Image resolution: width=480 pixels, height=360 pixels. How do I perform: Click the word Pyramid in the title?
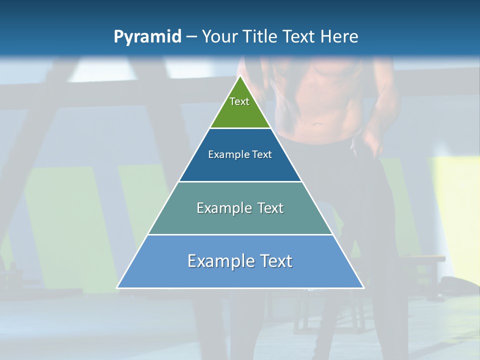pos(147,37)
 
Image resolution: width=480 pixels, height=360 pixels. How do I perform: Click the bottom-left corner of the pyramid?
pos(117,287)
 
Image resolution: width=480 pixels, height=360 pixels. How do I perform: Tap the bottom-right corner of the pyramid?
pos(363,287)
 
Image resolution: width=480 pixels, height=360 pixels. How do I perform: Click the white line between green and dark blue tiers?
pos(240,128)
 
